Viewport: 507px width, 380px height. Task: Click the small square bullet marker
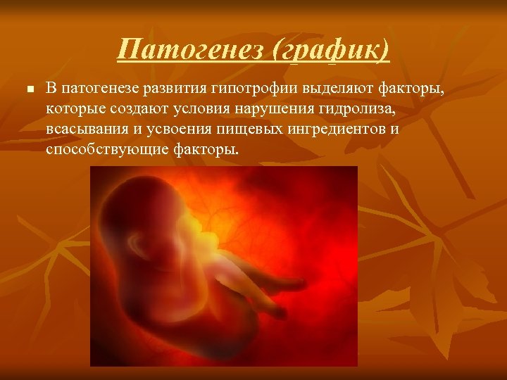(28, 89)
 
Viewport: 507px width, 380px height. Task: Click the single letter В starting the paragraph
(51, 89)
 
